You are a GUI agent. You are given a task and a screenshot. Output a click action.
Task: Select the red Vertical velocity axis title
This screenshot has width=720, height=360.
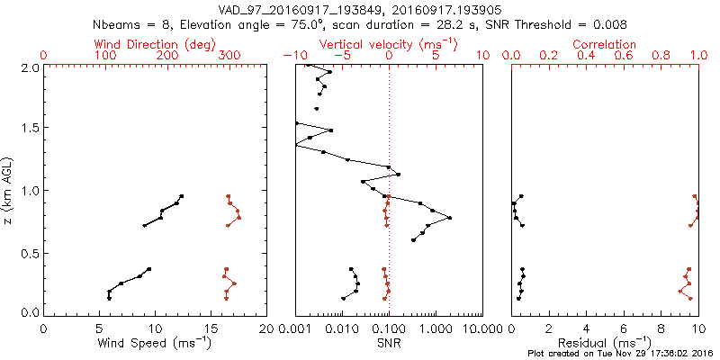[388, 44]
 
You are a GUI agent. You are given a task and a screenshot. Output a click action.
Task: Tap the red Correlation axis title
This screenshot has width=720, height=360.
[606, 44]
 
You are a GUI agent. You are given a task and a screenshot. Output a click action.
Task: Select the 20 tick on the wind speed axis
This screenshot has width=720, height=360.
[266, 328]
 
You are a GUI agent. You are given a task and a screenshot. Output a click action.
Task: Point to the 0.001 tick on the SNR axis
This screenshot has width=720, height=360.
[295, 328]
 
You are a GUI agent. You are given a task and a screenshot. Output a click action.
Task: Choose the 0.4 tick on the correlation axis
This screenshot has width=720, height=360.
[587, 57]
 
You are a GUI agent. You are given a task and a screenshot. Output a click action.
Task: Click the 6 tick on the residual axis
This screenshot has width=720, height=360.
[624, 328]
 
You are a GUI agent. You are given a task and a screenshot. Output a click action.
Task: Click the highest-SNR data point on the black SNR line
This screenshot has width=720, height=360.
[450, 218]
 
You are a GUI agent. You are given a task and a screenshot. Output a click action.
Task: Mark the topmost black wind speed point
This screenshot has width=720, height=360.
[181, 196]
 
